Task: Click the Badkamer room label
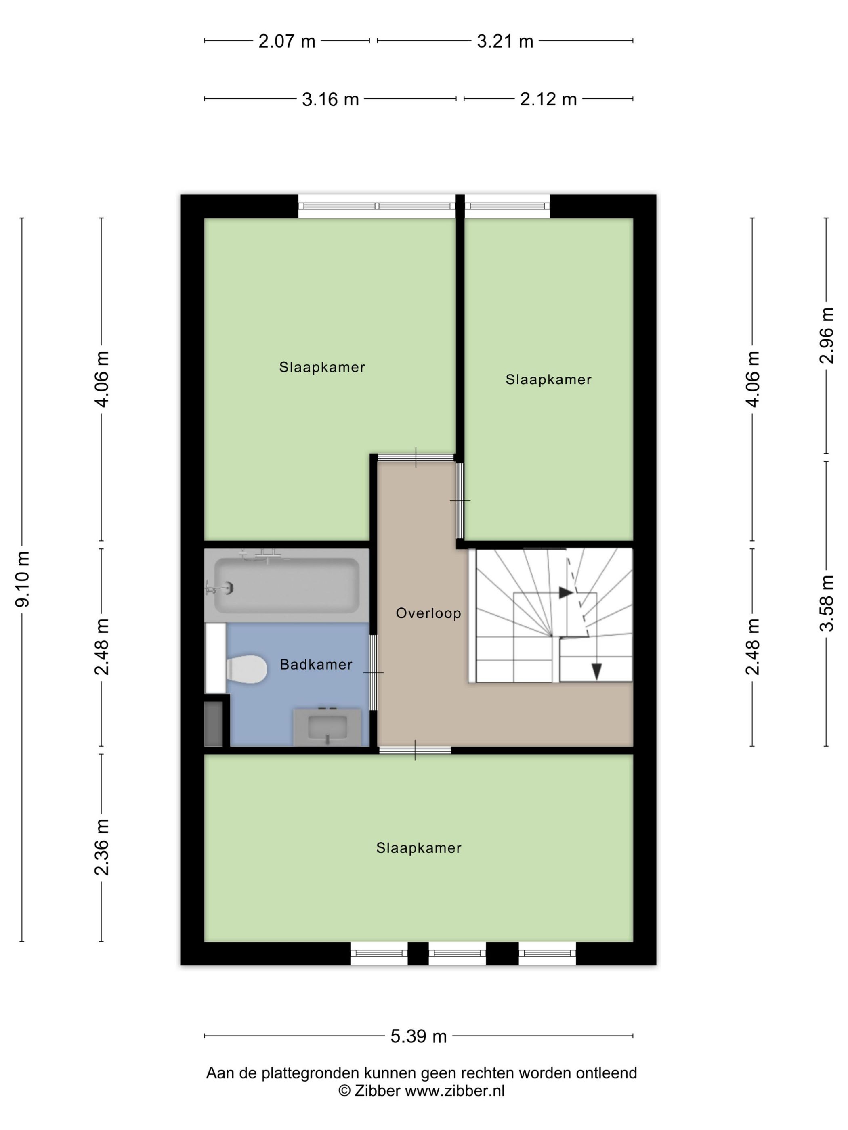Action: click(x=316, y=665)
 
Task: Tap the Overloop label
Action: click(x=428, y=613)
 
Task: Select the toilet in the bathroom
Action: click(x=246, y=669)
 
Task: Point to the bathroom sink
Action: click(x=327, y=726)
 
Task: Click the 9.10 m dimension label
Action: click(x=23, y=579)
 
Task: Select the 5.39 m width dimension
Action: click(x=418, y=1036)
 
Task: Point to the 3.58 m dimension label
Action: click(x=827, y=603)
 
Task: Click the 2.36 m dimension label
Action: click(x=102, y=847)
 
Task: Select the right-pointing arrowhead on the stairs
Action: click(x=565, y=592)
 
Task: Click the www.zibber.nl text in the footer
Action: click(x=454, y=1091)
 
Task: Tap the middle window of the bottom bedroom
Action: click(x=457, y=953)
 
